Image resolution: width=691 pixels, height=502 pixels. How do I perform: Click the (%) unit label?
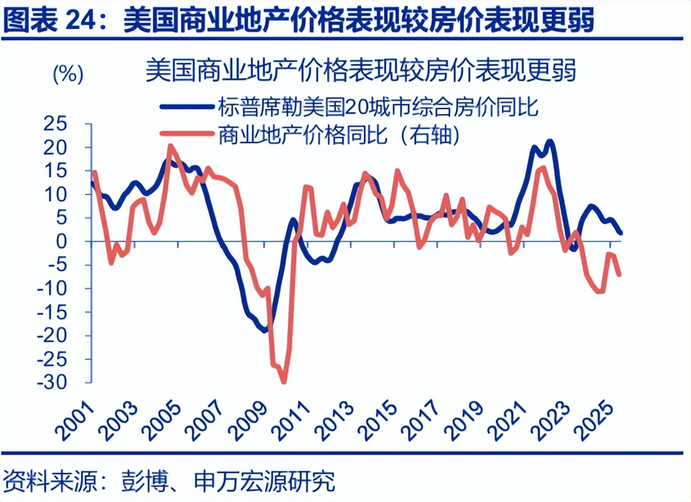click(x=67, y=75)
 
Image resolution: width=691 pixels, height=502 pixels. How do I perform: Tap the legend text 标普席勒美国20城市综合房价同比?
click(x=378, y=106)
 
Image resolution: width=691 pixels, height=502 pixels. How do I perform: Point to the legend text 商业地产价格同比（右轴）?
click(x=339, y=134)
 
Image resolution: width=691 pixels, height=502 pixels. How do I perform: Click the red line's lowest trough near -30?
click(x=283, y=382)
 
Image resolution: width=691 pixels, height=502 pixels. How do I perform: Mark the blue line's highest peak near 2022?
click(x=550, y=141)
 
